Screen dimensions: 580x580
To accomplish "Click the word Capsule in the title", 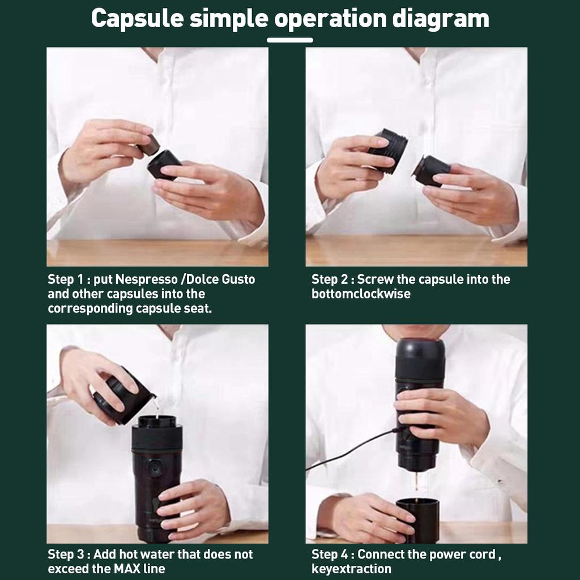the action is point(137,19).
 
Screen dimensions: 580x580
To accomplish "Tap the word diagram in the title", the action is point(440,19).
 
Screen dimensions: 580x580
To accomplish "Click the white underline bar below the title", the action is point(290,40).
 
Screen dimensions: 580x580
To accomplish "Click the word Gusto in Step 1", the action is point(238,279).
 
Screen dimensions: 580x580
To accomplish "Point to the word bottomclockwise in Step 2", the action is point(361,294).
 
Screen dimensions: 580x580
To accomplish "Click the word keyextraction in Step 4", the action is point(351,569).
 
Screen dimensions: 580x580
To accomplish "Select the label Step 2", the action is point(329,280).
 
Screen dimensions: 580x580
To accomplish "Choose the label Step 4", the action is point(329,555).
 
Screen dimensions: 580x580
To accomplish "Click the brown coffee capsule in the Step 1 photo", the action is point(150,145).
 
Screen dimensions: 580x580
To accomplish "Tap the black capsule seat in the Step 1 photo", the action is point(163,165).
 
